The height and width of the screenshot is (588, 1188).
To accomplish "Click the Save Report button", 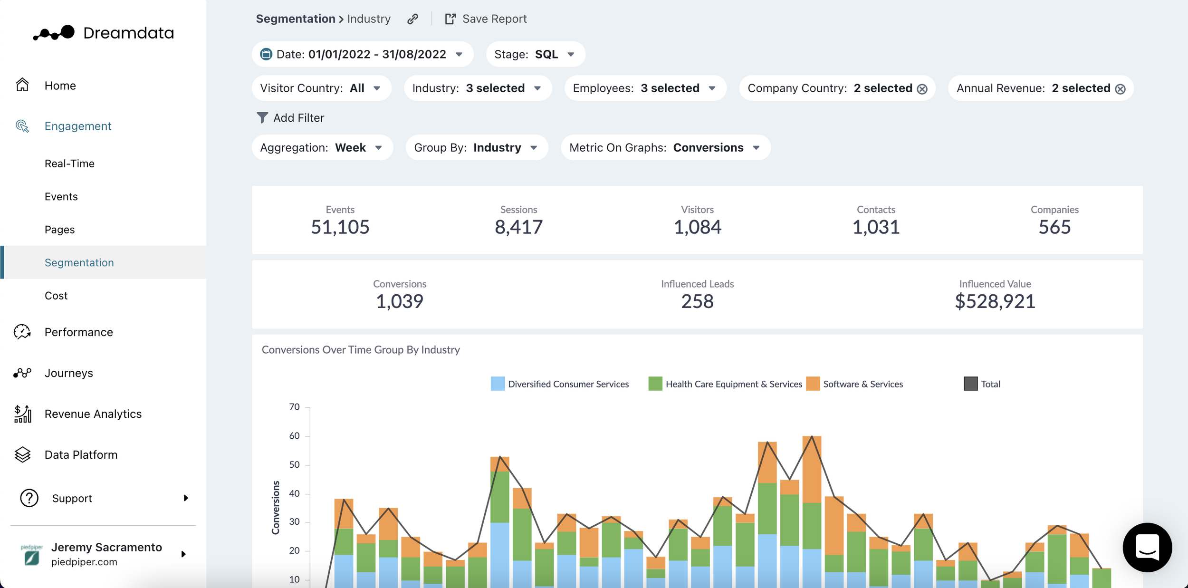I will [x=486, y=19].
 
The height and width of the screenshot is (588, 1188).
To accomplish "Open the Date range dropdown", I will [x=362, y=54].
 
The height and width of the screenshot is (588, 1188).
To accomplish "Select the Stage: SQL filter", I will [x=535, y=54].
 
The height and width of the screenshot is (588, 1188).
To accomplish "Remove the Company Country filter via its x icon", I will [x=922, y=89].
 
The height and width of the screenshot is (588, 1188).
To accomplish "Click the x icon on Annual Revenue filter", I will [x=1120, y=89].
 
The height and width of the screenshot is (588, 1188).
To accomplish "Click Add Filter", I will [x=290, y=118].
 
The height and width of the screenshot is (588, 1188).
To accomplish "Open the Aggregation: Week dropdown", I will [x=322, y=148].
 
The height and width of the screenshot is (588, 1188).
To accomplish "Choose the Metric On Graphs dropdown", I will [x=665, y=148].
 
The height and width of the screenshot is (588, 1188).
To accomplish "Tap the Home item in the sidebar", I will [x=60, y=86].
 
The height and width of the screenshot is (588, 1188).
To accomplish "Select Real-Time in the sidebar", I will [x=69, y=164].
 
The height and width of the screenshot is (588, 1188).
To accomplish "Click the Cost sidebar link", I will [x=56, y=296].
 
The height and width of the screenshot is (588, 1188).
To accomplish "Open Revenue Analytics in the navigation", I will [x=93, y=414].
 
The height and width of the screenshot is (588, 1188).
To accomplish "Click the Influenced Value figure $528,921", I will [x=995, y=301].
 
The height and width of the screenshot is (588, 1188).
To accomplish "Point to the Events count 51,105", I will [x=340, y=227].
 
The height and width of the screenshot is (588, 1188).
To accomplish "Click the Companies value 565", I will [x=1054, y=227].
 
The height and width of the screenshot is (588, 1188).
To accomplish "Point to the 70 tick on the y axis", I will [x=295, y=407].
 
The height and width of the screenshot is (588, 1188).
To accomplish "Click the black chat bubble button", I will [x=1147, y=547].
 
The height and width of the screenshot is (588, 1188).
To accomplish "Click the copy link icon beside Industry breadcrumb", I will [x=412, y=19].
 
